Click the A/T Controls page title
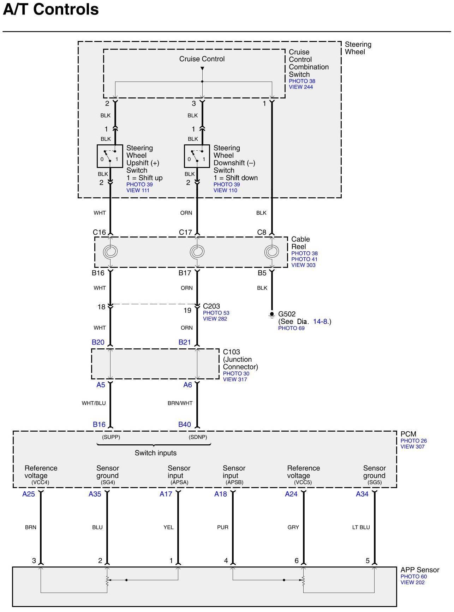[x=51, y=10]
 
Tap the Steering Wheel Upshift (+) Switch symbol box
[x=110, y=156]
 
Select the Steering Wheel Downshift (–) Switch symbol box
[x=197, y=156]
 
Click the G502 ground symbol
[x=272, y=314]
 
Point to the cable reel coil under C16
[x=110, y=252]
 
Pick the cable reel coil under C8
[x=272, y=252]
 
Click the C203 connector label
[x=211, y=306]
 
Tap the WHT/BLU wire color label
[x=94, y=403]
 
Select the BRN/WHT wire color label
[x=180, y=403]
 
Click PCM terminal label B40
[x=185, y=425]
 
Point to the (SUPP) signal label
[x=111, y=437]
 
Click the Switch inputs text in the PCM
[x=155, y=453]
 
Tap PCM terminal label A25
[x=29, y=494]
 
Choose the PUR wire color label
[x=223, y=527]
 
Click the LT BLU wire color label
[x=361, y=527]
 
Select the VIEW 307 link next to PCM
[x=412, y=446]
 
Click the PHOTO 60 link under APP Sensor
[x=413, y=576]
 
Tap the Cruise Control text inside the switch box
[x=202, y=59]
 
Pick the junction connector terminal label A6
[x=187, y=385]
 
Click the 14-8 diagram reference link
[x=321, y=322]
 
